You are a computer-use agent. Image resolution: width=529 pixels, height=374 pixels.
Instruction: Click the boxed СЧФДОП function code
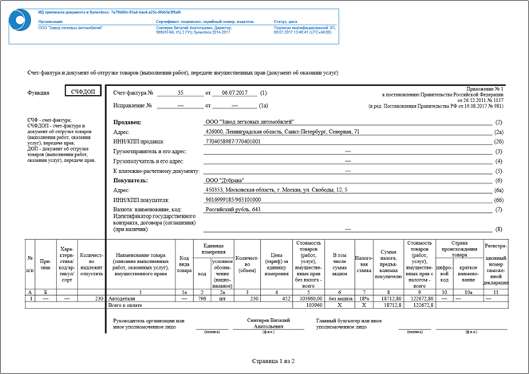81,93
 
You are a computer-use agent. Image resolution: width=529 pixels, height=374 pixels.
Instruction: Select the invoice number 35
180,93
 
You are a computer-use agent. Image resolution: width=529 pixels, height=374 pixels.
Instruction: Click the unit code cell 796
202,297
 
